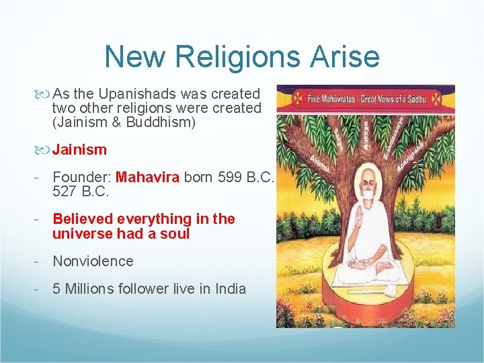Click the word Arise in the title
(x=346, y=56)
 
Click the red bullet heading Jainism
(x=79, y=149)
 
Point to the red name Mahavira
(x=148, y=177)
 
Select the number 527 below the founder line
(x=65, y=192)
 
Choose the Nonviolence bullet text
(x=93, y=261)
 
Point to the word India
(x=231, y=289)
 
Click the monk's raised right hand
(x=343, y=220)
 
